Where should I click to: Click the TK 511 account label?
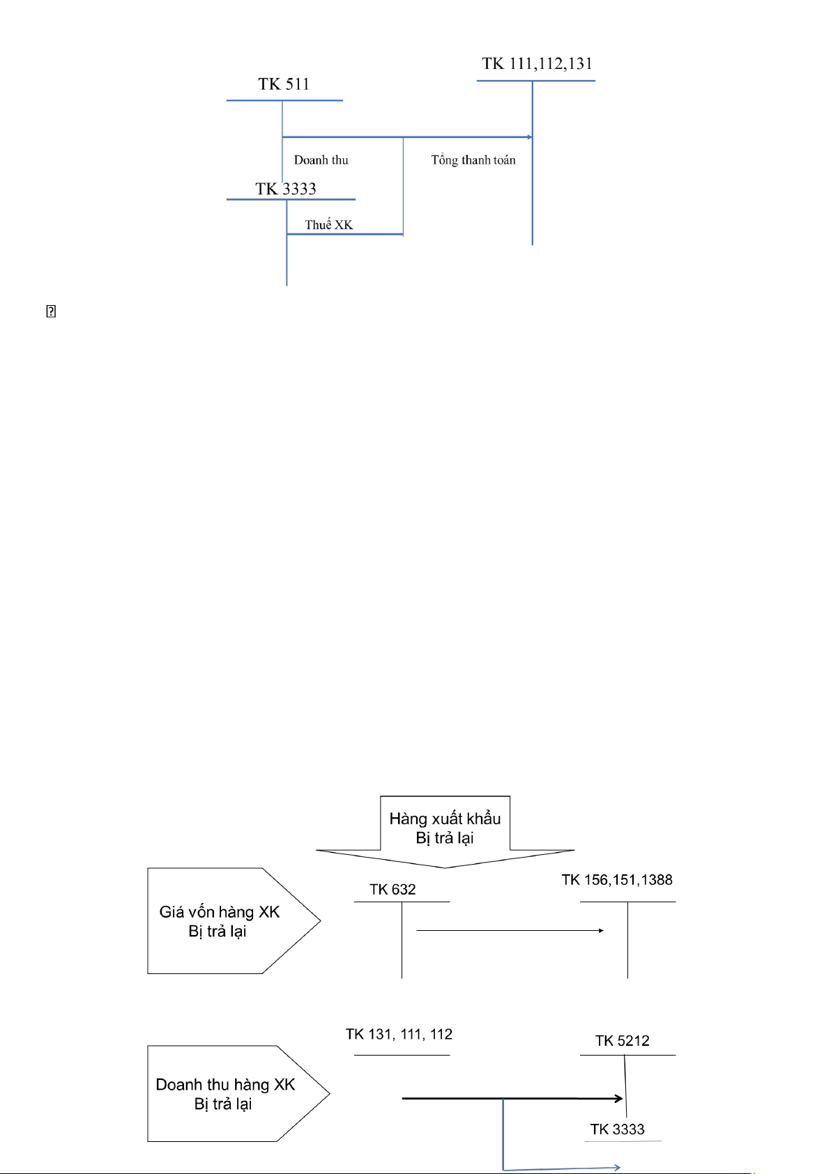point(283,84)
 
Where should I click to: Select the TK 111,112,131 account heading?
point(537,64)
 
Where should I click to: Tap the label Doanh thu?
point(321,160)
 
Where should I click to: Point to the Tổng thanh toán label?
point(473,160)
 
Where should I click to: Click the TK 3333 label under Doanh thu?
point(286,189)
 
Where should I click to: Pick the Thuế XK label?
point(329,225)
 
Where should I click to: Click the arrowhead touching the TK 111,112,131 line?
point(530,137)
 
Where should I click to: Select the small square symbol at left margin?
point(51,311)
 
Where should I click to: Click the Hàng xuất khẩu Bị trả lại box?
point(445,828)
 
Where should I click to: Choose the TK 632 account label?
point(392,890)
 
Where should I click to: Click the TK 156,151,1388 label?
point(617,880)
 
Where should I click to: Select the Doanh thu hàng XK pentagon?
point(226,1094)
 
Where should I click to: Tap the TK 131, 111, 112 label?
point(399,1035)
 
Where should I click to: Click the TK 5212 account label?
point(623,1041)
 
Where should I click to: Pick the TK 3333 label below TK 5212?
point(618,1129)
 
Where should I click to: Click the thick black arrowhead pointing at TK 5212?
point(618,1099)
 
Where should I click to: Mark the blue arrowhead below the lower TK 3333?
point(617,1167)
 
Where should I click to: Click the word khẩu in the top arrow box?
point(484,819)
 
